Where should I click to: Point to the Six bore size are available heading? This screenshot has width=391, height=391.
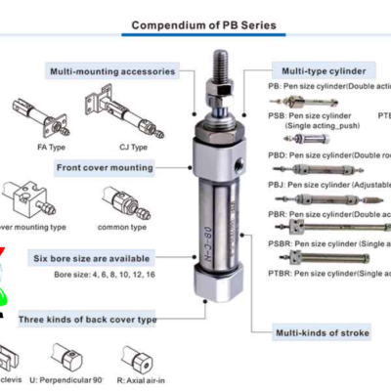pos(94,258)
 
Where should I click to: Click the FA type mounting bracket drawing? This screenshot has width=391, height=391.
pos(37,116)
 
